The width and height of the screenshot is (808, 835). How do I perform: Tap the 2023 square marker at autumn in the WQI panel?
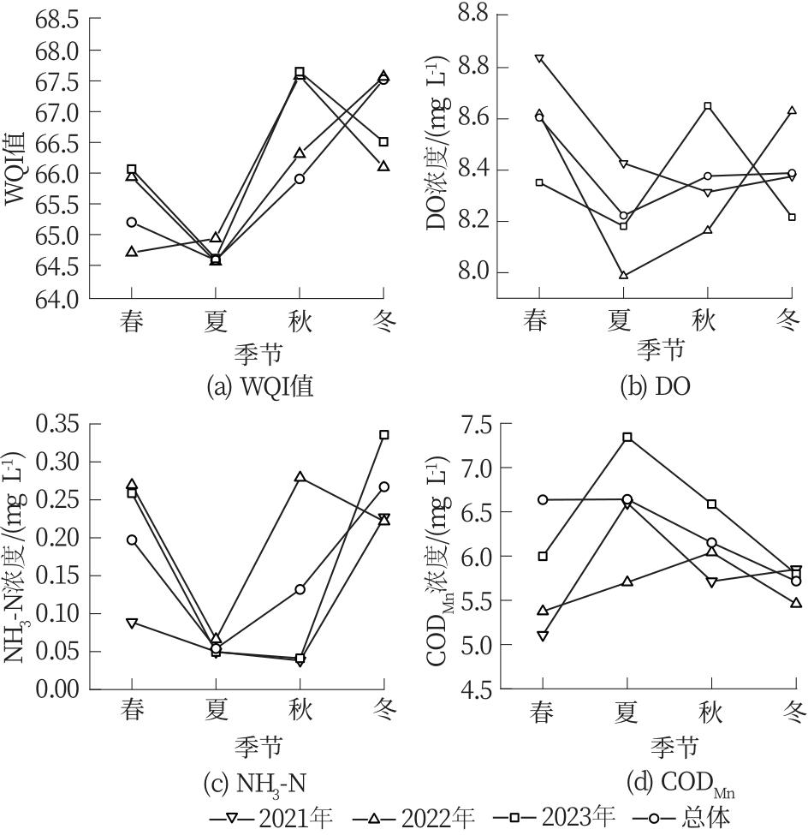click(300, 72)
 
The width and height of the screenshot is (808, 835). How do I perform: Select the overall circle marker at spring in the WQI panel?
click(132, 222)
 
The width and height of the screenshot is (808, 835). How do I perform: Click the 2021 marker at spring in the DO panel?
click(539, 59)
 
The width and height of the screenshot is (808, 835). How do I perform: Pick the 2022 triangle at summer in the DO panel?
click(623, 275)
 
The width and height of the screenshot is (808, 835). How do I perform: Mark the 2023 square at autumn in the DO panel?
click(708, 106)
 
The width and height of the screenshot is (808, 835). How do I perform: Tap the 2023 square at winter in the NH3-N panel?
click(384, 434)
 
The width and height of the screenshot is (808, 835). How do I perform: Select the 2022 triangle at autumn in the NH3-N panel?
click(300, 476)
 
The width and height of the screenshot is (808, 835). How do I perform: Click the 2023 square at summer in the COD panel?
click(627, 437)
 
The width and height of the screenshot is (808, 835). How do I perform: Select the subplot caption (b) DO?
click(655, 387)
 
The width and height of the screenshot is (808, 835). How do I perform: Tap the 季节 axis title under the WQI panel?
click(258, 351)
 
